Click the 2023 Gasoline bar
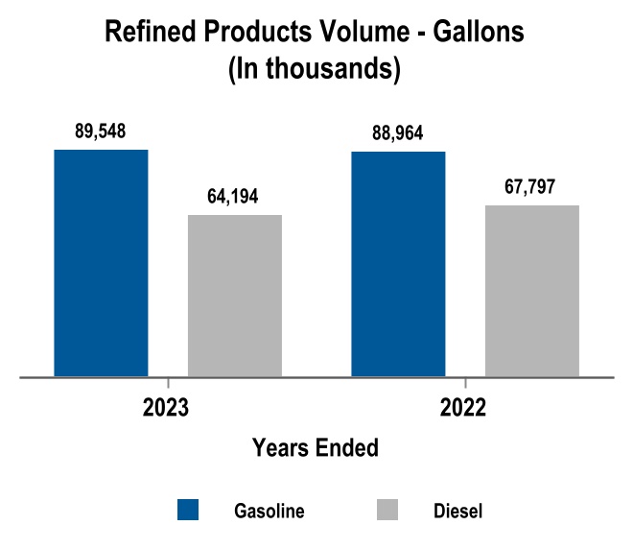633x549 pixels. point(101,263)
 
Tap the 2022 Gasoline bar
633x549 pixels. point(399,264)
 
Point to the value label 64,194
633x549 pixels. point(235,197)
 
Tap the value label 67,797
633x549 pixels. point(532,186)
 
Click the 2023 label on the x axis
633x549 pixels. point(166,407)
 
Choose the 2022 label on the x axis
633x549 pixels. point(464,407)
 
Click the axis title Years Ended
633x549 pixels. point(315,447)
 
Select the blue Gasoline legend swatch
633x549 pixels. point(189,510)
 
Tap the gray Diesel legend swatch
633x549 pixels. point(389,510)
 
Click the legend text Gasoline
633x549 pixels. point(270,511)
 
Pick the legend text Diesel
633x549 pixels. point(457,511)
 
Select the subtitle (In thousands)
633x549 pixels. point(315,69)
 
